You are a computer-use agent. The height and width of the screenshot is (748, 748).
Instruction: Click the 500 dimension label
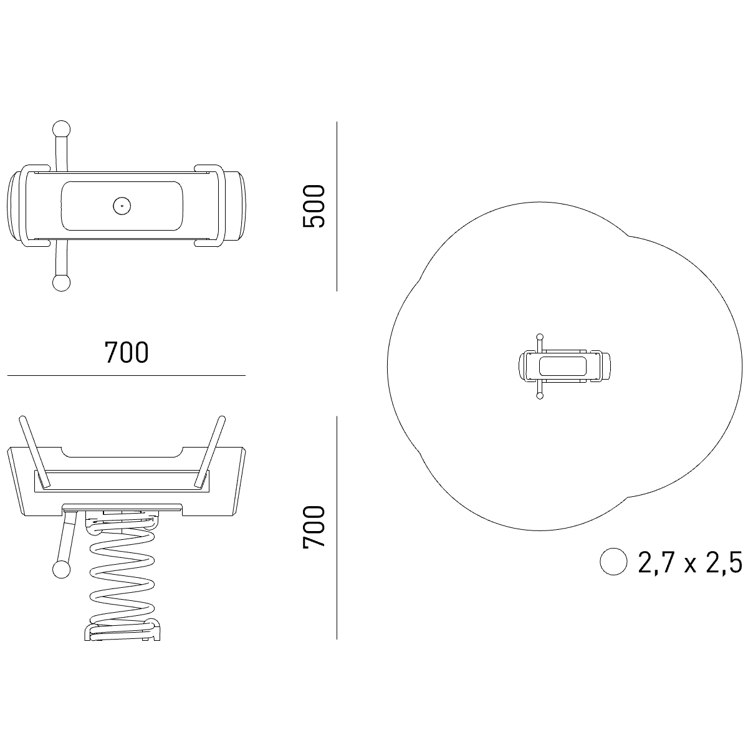click(314, 206)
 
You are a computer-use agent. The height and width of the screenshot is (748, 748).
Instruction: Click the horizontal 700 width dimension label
click(127, 352)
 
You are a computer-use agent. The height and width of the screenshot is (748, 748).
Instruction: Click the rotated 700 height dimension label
click(314, 527)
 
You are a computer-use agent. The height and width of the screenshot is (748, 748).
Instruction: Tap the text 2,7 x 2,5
click(690, 562)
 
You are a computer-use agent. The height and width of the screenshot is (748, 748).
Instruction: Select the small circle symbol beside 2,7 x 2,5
click(613, 561)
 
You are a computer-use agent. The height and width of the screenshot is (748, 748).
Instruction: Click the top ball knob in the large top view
click(61, 129)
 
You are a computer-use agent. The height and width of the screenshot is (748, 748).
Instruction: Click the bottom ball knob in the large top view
click(61, 282)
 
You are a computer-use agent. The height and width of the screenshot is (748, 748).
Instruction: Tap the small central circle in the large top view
click(122, 206)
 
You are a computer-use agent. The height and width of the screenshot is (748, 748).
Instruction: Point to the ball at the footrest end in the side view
click(61, 570)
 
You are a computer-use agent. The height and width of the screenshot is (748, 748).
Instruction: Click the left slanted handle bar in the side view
click(35, 452)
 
